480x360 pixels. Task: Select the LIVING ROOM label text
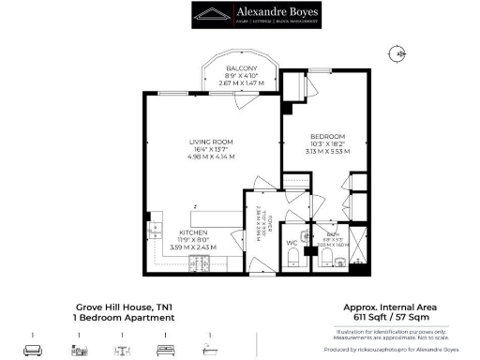point(211,142)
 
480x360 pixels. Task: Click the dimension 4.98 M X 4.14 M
point(211,157)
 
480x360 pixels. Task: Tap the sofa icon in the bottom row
point(32,349)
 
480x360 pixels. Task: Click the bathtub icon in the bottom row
point(211,349)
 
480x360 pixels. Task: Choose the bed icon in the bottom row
point(166,349)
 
